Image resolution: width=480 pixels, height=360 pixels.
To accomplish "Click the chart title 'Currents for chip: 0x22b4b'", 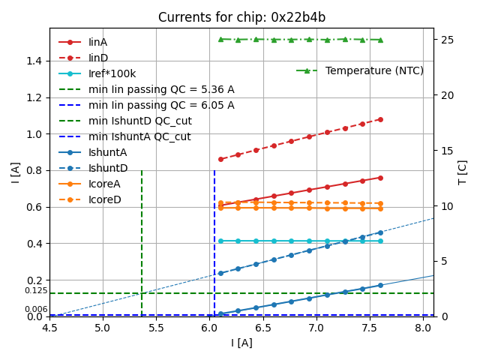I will (241, 17).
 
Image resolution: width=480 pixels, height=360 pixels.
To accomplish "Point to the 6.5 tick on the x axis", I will (263, 328).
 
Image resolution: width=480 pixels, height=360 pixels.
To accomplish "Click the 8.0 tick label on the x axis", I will (423, 328).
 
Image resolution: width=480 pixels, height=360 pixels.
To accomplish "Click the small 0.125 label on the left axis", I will (36, 291).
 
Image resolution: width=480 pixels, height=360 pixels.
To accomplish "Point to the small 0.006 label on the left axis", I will (36, 310).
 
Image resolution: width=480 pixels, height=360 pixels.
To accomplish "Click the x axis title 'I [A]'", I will (241, 343).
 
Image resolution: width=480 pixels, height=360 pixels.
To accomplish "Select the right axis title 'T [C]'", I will (463, 172).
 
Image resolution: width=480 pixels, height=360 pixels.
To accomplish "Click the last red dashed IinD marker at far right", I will (380, 119).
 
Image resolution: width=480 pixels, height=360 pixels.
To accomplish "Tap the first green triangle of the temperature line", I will (220, 39).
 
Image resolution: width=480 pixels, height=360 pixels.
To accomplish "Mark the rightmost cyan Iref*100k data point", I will (380, 241).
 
